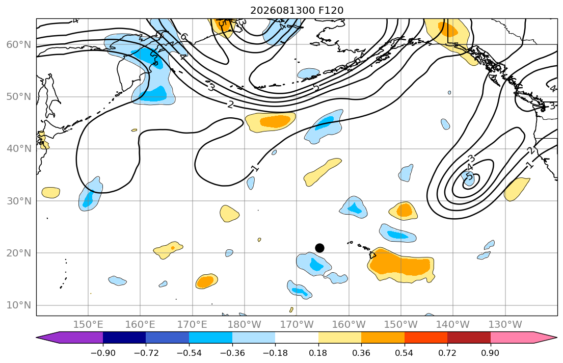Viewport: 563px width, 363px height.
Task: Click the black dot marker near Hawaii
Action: pos(319,248)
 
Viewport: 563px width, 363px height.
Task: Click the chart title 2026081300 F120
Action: pos(297,10)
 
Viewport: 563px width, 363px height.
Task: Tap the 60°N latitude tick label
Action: pos(19,44)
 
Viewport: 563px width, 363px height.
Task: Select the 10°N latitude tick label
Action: pos(19,305)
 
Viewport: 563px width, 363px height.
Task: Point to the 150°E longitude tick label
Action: pos(88,325)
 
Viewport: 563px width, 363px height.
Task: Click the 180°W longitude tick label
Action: pos(245,325)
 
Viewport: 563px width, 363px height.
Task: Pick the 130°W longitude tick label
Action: pos(505,325)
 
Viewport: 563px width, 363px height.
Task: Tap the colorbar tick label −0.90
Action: pos(103,353)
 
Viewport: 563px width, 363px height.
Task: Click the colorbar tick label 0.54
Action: pos(405,353)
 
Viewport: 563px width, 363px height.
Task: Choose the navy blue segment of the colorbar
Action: pos(124,338)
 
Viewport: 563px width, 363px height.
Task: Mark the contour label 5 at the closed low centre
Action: pos(469,176)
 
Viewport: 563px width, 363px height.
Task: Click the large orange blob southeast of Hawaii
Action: pos(400,265)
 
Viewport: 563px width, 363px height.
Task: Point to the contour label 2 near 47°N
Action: pos(230,105)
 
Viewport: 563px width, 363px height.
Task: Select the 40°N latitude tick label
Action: pos(19,149)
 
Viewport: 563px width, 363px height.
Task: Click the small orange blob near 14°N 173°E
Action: pos(206,281)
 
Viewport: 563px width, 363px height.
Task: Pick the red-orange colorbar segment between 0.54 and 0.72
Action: pos(426,338)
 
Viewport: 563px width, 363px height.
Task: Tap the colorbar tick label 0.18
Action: pos(318,353)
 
